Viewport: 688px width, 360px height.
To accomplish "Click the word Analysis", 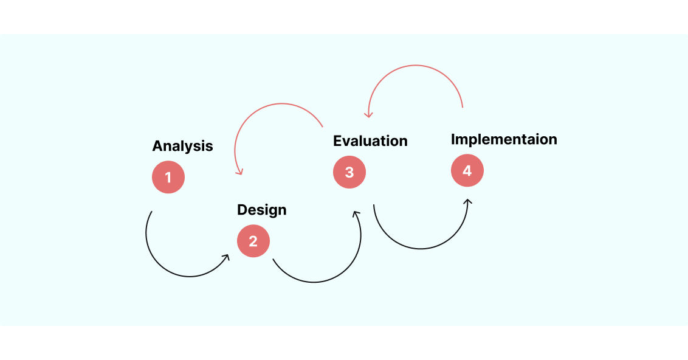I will (182, 146).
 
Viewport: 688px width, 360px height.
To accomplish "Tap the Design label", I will (261, 210).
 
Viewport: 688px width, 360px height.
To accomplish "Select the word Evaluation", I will (370, 141).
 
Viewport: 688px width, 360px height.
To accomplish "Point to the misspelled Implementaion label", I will (504, 139).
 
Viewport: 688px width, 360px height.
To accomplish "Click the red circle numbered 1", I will (168, 178).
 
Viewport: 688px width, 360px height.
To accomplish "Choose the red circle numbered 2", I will (253, 241).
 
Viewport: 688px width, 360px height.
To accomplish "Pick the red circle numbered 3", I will (349, 172).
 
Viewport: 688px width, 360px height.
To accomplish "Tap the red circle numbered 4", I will (467, 170).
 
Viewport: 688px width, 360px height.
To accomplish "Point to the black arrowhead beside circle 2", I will (225, 258).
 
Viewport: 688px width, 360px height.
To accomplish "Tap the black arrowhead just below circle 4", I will (467, 202).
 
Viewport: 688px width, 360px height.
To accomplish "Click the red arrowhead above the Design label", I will (239, 172).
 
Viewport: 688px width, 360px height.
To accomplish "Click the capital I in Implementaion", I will (453, 139).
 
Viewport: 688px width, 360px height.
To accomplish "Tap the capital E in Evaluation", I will (337, 141).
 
